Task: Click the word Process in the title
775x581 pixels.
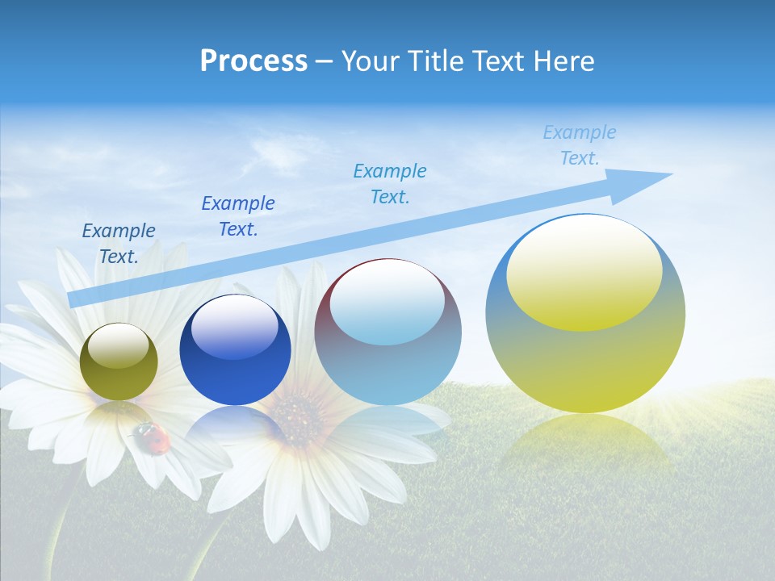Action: point(253,61)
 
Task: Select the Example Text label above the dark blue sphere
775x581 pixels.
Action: point(238,216)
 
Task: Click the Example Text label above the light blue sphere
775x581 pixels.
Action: point(390,184)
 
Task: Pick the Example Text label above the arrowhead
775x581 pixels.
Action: point(580,145)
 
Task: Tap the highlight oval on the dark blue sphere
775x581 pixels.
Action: point(235,327)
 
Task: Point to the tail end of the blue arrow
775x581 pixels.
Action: point(74,299)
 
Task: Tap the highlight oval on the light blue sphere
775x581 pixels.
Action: point(387,303)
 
